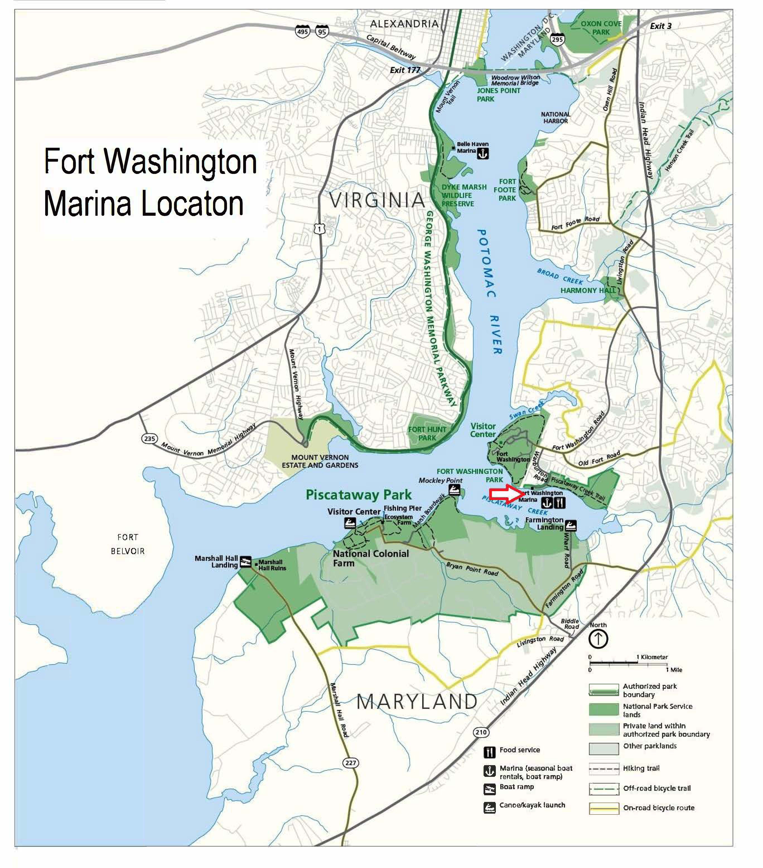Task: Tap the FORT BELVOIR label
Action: pos(128,544)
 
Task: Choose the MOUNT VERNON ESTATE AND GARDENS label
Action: pos(320,461)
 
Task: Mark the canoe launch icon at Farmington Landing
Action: pos(571,526)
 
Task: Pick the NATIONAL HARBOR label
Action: pos(555,117)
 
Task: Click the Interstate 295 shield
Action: pos(557,39)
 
